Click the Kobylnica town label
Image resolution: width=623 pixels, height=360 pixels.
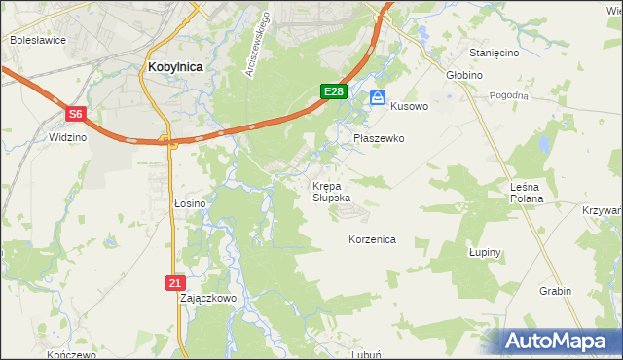coord(175,66)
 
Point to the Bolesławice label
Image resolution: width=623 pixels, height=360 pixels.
coord(36,41)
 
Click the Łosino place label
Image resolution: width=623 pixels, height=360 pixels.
coord(190,203)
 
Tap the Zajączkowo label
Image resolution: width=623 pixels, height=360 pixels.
coord(208,299)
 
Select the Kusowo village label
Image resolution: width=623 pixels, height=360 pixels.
coord(409,106)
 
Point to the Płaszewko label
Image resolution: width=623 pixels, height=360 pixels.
coord(379,138)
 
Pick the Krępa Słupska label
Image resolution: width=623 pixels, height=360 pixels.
coord(330,191)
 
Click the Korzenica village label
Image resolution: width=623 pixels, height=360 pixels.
coord(372,238)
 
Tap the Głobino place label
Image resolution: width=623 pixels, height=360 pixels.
coord(464,74)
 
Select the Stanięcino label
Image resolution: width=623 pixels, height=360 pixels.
coord(494,53)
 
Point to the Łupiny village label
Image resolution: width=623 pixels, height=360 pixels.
coord(484,252)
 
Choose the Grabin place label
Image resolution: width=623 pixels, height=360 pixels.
coord(555,291)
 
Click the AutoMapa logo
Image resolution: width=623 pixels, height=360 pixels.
coord(560,341)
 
